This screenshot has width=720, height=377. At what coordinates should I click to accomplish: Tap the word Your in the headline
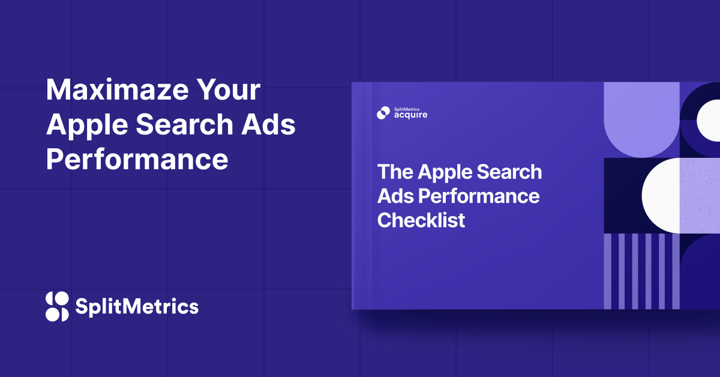click(229, 89)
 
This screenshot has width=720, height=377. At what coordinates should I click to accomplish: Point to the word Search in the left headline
click(185, 124)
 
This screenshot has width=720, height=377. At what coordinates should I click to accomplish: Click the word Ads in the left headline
click(268, 124)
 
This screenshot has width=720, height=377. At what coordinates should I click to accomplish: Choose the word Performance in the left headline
click(137, 159)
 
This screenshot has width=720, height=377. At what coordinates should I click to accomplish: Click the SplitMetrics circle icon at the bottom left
click(57, 307)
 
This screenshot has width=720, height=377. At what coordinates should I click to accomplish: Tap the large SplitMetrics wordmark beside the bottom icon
click(137, 306)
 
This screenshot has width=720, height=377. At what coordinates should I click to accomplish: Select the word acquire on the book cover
click(411, 115)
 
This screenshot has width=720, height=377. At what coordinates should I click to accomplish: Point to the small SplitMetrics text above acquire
click(407, 109)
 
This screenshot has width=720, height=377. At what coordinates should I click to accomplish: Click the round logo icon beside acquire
click(383, 113)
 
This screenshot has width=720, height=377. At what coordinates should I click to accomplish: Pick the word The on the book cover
click(395, 172)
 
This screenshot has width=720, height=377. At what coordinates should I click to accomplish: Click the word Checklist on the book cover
click(421, 220)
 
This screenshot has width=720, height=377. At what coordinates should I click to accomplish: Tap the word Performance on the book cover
click(479, 197)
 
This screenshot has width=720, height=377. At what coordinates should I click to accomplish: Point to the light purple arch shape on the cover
click(642, 119)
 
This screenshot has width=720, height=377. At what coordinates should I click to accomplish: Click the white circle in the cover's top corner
click(709, 120)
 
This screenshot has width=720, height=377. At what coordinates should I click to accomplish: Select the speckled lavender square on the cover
click(700, 196)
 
